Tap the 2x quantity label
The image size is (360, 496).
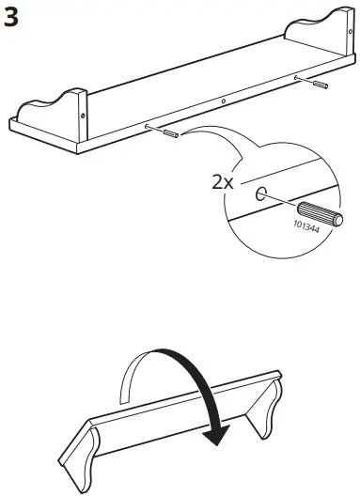pyautogui.click(x=223, y=183)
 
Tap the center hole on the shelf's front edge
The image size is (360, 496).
pyautogui.click(x=223, y=102)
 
